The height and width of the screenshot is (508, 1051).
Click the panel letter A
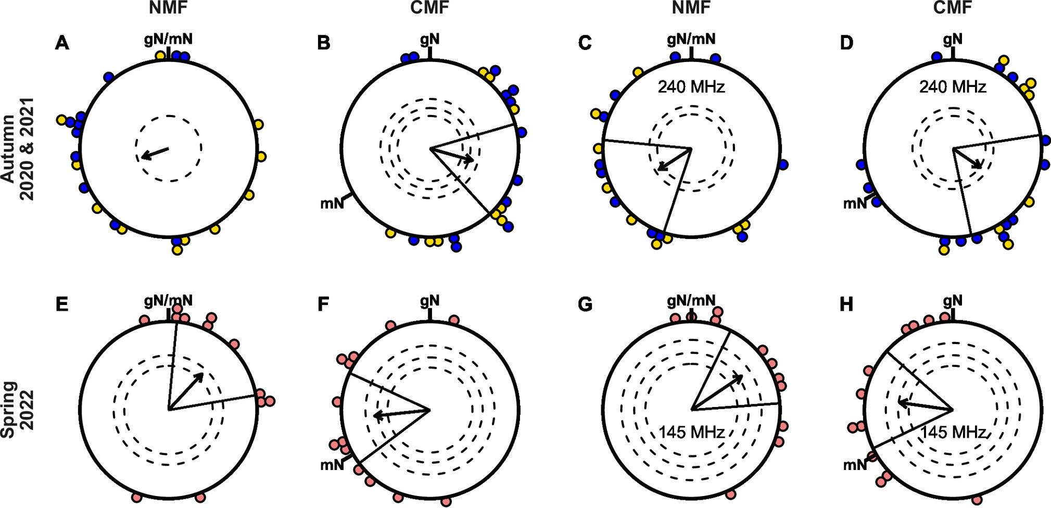[x=62, y=43]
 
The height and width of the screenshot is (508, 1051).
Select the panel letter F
[x=323, y=304]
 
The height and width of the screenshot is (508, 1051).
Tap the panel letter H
[x=846, y=304]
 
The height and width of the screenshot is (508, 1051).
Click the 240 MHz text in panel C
[x=691, y=86]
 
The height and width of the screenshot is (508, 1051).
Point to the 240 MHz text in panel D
[x=952, y=86]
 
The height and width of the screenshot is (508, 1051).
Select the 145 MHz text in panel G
[x=691, y=432]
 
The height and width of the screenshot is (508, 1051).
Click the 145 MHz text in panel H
[x=953, y=432]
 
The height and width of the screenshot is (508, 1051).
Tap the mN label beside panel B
[x=332, y=204]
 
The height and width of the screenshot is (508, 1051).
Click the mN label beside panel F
[x=332, y=464]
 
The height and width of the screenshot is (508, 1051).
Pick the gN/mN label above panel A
[x=168, y=39]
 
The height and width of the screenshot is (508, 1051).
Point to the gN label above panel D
[x=953, y=39]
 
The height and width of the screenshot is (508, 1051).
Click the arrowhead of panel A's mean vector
[x=144, y=156]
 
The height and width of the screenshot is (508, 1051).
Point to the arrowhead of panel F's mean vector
[x=376, y=415]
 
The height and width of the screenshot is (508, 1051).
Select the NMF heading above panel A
[x=168, y=7]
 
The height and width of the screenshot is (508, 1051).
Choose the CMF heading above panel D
[x=953, y=7]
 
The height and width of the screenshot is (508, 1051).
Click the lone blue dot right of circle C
[x=783, y=165]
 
